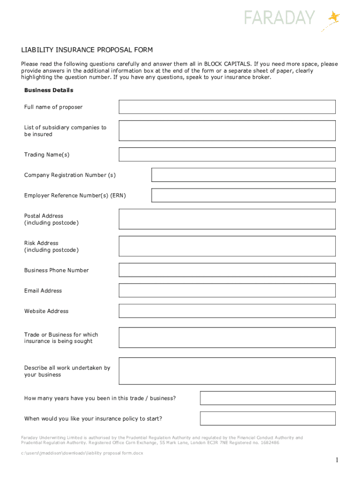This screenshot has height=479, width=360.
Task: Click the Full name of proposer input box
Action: [x=227, y=107]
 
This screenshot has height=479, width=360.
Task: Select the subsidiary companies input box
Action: [x=227, y=131]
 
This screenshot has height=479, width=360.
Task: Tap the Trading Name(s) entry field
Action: [x=227, y=154]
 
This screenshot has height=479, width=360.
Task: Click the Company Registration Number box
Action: [x=243, y=175]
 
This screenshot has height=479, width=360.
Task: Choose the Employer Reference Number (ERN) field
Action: [x=243, y=195]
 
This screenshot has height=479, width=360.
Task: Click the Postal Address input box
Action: [x=227, y=219]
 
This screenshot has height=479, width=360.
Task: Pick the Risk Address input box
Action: [x=227, y=246]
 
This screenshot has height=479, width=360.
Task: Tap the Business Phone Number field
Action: [x=227, y=270]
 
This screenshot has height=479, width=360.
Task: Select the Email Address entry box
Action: [x=227, y=290]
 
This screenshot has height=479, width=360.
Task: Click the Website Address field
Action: [x=227, y=311]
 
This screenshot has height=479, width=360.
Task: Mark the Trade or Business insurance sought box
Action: [x=227, y=338]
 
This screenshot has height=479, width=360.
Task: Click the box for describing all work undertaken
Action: [x=227, y=371]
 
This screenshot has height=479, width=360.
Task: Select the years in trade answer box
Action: [x=267, y=398]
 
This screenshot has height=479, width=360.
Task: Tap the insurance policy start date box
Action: [x=267, y=418]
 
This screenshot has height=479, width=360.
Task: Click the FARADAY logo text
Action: [x=280, y=18]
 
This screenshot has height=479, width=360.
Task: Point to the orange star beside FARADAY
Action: [x=334, y=17]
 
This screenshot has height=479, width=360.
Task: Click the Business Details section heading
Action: [x=49, y=90]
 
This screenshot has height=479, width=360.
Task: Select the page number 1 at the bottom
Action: [x=336, y=461]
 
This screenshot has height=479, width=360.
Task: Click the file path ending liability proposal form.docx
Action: [x=82, y=453]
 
